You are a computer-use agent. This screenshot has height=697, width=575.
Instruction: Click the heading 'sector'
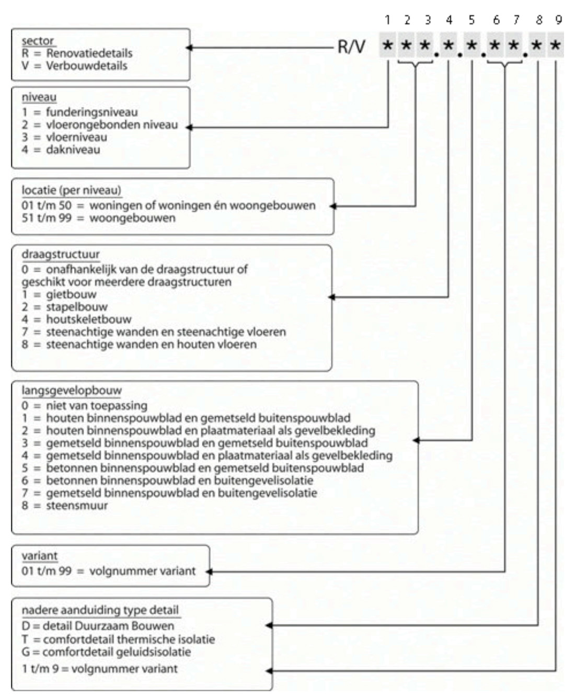38,41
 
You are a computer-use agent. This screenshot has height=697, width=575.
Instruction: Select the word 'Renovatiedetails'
89,53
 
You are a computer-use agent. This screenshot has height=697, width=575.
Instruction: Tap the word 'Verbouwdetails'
86,65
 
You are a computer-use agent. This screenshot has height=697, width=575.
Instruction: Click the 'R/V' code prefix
351,47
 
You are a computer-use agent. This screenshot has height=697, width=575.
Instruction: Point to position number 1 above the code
387,20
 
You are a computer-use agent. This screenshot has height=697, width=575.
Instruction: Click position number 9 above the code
559,20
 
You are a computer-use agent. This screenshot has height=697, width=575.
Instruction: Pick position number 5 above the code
471,20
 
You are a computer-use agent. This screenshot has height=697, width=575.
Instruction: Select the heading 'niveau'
39,97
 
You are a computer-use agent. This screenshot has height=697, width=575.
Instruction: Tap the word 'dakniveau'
73,150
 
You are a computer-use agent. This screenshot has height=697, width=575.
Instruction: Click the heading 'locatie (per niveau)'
72,190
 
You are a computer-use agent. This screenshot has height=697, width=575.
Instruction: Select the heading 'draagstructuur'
61,254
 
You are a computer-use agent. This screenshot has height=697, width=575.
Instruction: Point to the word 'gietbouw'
71,294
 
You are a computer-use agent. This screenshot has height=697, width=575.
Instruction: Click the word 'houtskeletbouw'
89,319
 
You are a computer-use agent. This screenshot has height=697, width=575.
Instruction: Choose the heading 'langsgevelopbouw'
72,390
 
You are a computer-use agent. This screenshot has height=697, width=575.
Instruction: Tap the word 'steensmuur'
77,506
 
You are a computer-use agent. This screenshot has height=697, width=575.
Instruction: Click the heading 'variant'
39,556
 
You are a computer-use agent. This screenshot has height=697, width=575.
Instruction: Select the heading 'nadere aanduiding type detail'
100,610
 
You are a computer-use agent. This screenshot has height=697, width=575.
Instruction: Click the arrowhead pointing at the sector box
189,48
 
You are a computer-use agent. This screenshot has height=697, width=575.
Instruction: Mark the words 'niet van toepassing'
97,406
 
